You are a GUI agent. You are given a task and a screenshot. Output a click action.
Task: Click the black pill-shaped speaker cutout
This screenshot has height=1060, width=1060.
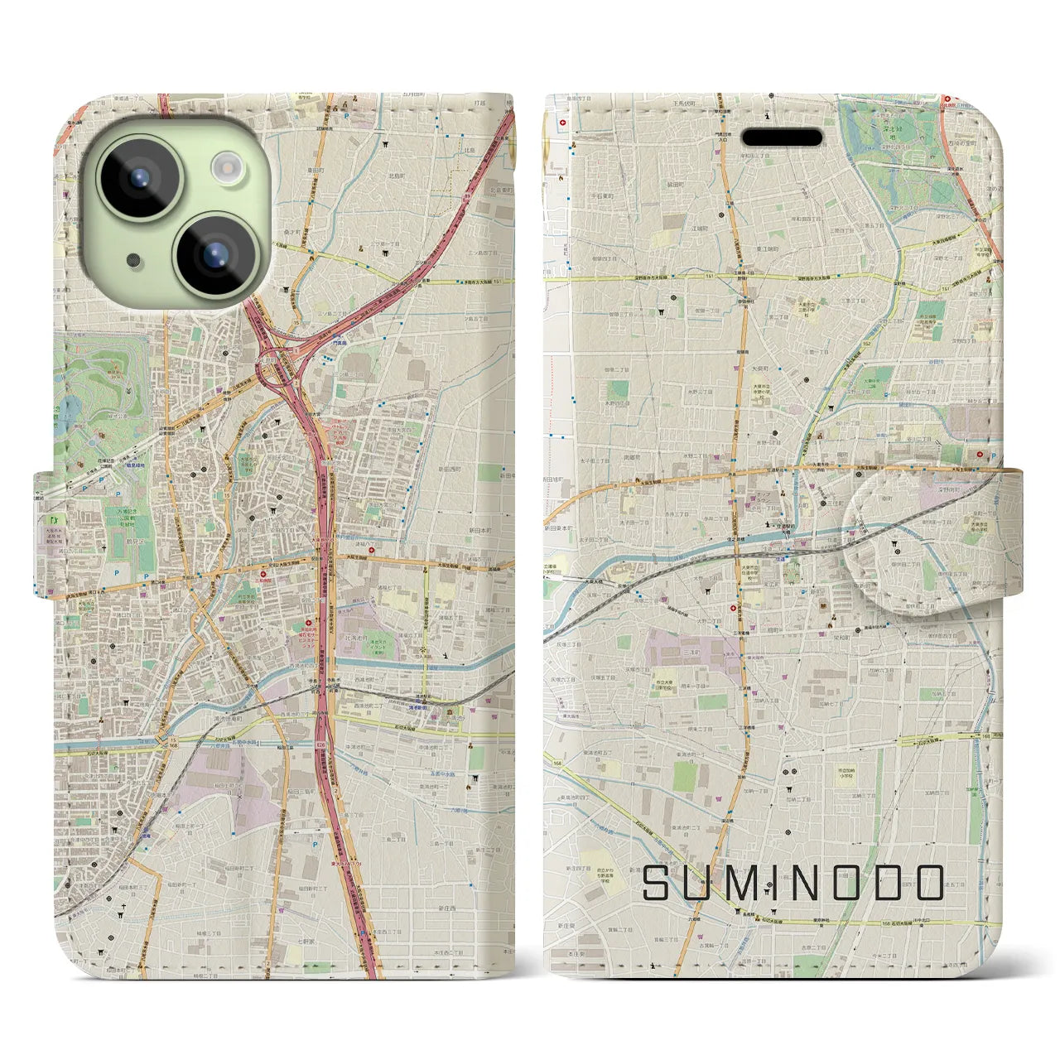781,137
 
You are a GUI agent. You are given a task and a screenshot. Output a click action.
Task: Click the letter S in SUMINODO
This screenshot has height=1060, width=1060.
658,883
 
